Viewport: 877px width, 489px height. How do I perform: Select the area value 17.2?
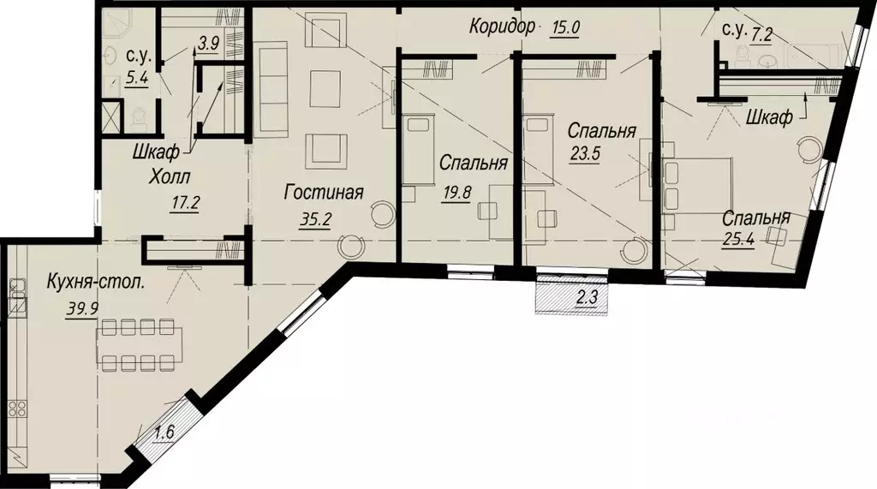[181, 205]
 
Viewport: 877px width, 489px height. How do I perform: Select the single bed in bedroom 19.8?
[419, 151]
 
